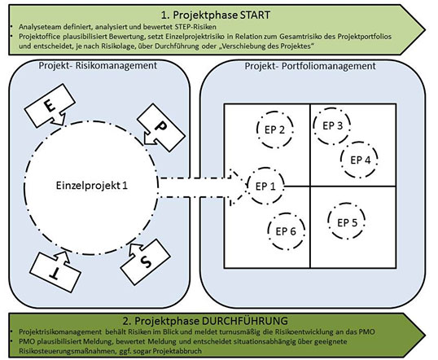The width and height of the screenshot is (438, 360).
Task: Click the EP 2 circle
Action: pyautogui.click(x=256, y=130)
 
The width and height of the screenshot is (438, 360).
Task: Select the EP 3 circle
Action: pyautogui.click(x=313, y=125)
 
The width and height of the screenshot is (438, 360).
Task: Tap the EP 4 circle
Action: pyautogui.click(x=341, y=160)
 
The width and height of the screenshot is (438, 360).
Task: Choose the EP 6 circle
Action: pyautogui.click(x=268, y=230)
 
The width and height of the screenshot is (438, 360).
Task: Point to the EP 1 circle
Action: pyautogui.click(x=248, y=186)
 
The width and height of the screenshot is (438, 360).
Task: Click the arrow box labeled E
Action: pyautogui.click(x=50, y=106)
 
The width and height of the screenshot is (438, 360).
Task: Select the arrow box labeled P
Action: pyautogui.click(x=161, y=128)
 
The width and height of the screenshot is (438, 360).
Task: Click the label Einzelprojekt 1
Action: pyautogui.click(x=92, y=186)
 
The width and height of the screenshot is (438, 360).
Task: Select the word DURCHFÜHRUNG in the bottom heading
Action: pyautogui.click(x=244, y=321)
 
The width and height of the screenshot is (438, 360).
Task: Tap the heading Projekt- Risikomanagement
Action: pyautogui.click(x=98, y=65)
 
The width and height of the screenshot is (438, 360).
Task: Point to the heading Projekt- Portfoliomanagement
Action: pyautogui.click(x=310, y=66)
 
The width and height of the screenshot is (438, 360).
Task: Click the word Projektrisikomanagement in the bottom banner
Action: pyautogui.click(x=60, y=331)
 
